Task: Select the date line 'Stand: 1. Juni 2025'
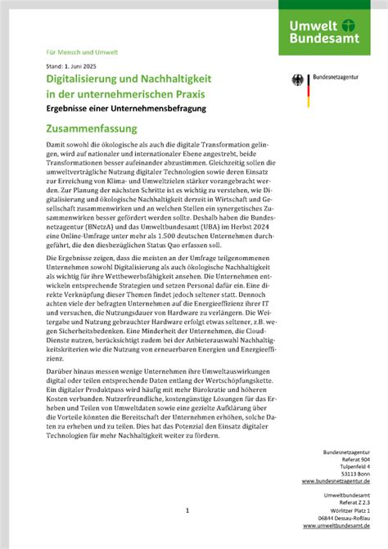[x=74, y=65]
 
